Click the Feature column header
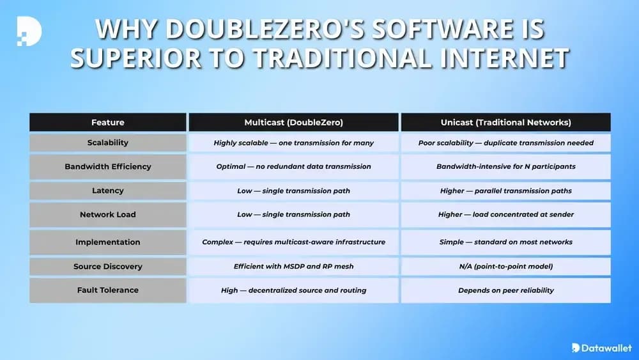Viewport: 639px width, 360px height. tap(107, 122)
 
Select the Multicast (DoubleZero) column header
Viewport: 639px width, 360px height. tap(293, 122)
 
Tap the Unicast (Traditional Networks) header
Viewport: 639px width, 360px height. tap(505, 122)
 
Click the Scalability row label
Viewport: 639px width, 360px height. tap(107, 143)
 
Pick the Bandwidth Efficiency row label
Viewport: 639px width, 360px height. tap(107, 166)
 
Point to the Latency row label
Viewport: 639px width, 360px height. tap(107, 191)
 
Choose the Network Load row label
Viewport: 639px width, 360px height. tap(107, 214)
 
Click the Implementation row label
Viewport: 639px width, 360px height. tap(107, 242)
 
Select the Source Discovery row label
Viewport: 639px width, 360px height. tap(107, 266)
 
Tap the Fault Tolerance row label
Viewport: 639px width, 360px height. tap(107, 290)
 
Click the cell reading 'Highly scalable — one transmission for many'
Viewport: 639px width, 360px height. tap(293, 143)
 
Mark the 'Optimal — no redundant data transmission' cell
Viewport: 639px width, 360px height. tap(293, 166)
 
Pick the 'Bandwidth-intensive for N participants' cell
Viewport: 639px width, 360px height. tap(505, 166)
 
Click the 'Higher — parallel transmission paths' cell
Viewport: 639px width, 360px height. tap(505, 191)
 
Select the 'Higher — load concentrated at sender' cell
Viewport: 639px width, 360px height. tap(505, 214)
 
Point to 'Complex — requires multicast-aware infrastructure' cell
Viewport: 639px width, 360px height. tap(293, 242)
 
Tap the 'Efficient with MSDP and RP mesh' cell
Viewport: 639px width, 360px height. tap(293, 266)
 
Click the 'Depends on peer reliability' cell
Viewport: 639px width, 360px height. tap(505, 290)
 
